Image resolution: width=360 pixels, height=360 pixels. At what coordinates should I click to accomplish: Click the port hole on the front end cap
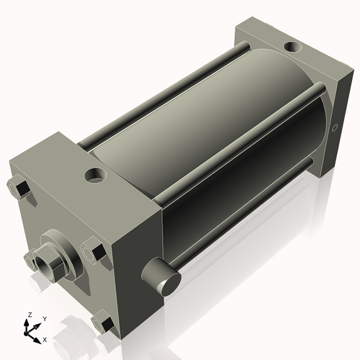coord(95,175)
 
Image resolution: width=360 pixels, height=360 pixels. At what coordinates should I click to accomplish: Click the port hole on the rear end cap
coord(293,46)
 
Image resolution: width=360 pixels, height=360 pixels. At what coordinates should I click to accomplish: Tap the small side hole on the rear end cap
coord(334,127)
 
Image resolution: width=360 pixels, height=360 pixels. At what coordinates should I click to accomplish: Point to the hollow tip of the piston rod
coord(43,265)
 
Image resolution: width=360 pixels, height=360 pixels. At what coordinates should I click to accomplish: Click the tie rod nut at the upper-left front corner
coord(19,188)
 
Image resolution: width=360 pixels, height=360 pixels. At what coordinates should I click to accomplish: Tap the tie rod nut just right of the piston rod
coord(94,251)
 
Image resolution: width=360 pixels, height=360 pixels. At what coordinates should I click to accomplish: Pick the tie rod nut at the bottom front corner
coord(103,323)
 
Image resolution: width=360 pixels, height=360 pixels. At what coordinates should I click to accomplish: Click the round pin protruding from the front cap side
coord(161,276)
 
